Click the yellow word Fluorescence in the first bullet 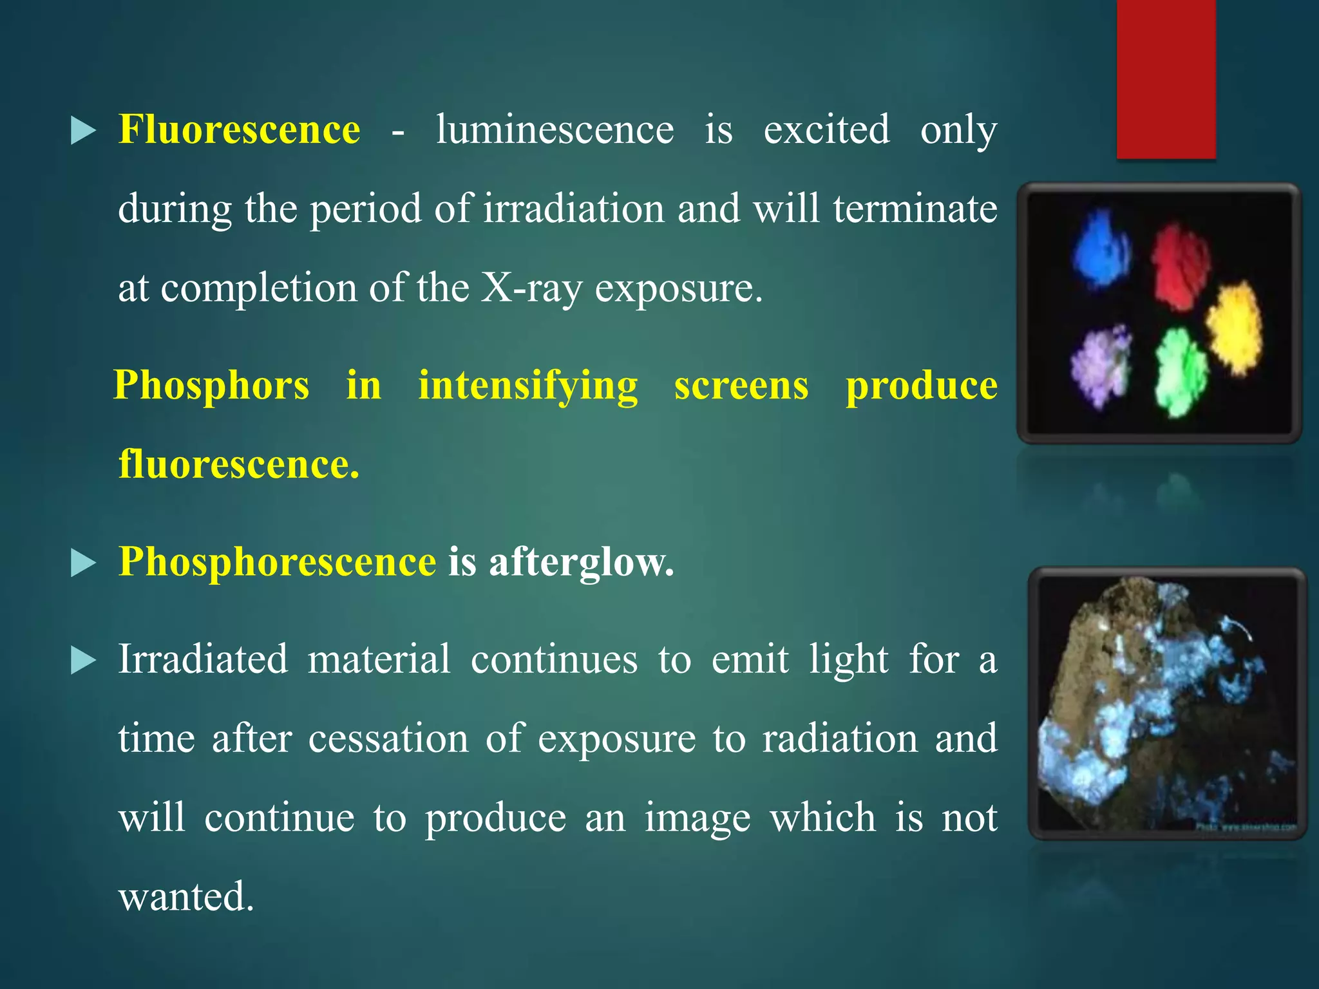point(239,129)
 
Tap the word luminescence point(555,129)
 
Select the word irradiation point(573,209)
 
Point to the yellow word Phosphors point(211,385)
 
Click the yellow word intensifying point(527,386)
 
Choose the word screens point(741,386)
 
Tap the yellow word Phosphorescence point(277,561)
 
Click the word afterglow point(581,561)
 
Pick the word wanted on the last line point(185,896)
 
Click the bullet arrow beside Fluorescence point(83,131)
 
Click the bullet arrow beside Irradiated point(83,661)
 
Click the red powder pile point(1180,265)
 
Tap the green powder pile point(1180,372)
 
